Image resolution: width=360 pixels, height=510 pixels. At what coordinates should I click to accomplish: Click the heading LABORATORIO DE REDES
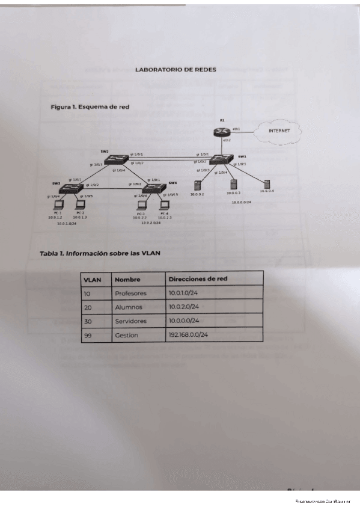(x=175, y=70)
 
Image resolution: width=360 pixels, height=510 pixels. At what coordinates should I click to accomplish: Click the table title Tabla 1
(x=100, y=253)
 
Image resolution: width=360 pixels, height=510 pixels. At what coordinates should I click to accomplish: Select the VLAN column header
(x=92, y=279)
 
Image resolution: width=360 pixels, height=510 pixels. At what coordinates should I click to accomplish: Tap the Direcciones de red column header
(x=198, y=278)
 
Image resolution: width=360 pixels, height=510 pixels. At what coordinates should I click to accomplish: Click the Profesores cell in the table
(x=130, y=293)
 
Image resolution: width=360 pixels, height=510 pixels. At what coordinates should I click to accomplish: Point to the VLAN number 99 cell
(x=88, y=335)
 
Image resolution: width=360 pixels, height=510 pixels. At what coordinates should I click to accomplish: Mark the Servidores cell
(x=130, y=321)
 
